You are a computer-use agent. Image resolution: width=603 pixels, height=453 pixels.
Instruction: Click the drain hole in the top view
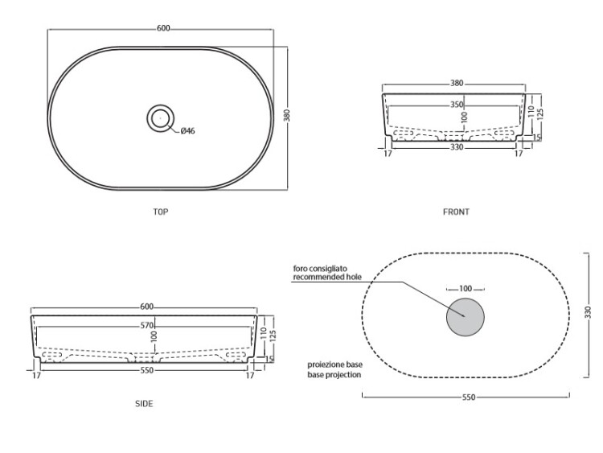160,117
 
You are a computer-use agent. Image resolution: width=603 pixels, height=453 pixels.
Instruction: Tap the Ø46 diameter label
187,131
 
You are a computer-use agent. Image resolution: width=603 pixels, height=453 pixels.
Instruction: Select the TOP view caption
161,212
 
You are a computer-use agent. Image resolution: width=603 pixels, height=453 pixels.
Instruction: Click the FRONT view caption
456,212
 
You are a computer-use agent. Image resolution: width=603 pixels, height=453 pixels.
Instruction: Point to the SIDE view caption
144,403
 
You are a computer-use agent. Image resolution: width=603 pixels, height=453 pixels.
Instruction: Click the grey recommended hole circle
466,317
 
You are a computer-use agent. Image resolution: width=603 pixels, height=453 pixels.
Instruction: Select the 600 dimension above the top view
163,28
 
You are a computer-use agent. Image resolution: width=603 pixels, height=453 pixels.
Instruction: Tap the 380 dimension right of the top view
286,116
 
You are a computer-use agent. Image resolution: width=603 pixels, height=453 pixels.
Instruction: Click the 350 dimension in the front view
457,105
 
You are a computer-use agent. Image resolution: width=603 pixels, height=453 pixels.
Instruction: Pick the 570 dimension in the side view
147,326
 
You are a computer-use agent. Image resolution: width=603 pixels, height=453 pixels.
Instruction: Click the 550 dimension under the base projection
469,397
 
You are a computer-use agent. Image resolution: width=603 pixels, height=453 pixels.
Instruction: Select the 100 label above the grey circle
466,289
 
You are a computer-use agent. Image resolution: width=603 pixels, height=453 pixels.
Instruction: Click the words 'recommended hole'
327,277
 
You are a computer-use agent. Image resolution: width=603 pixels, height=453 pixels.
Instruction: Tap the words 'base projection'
334,374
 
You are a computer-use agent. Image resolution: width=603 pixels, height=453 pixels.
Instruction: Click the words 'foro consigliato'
320,268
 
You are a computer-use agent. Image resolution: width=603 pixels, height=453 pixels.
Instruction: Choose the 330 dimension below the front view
457,147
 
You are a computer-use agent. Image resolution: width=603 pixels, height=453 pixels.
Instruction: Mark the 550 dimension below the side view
147,370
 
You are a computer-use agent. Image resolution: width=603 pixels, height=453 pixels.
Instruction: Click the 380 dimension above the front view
457,83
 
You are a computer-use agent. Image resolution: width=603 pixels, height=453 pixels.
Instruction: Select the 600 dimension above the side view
147,307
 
